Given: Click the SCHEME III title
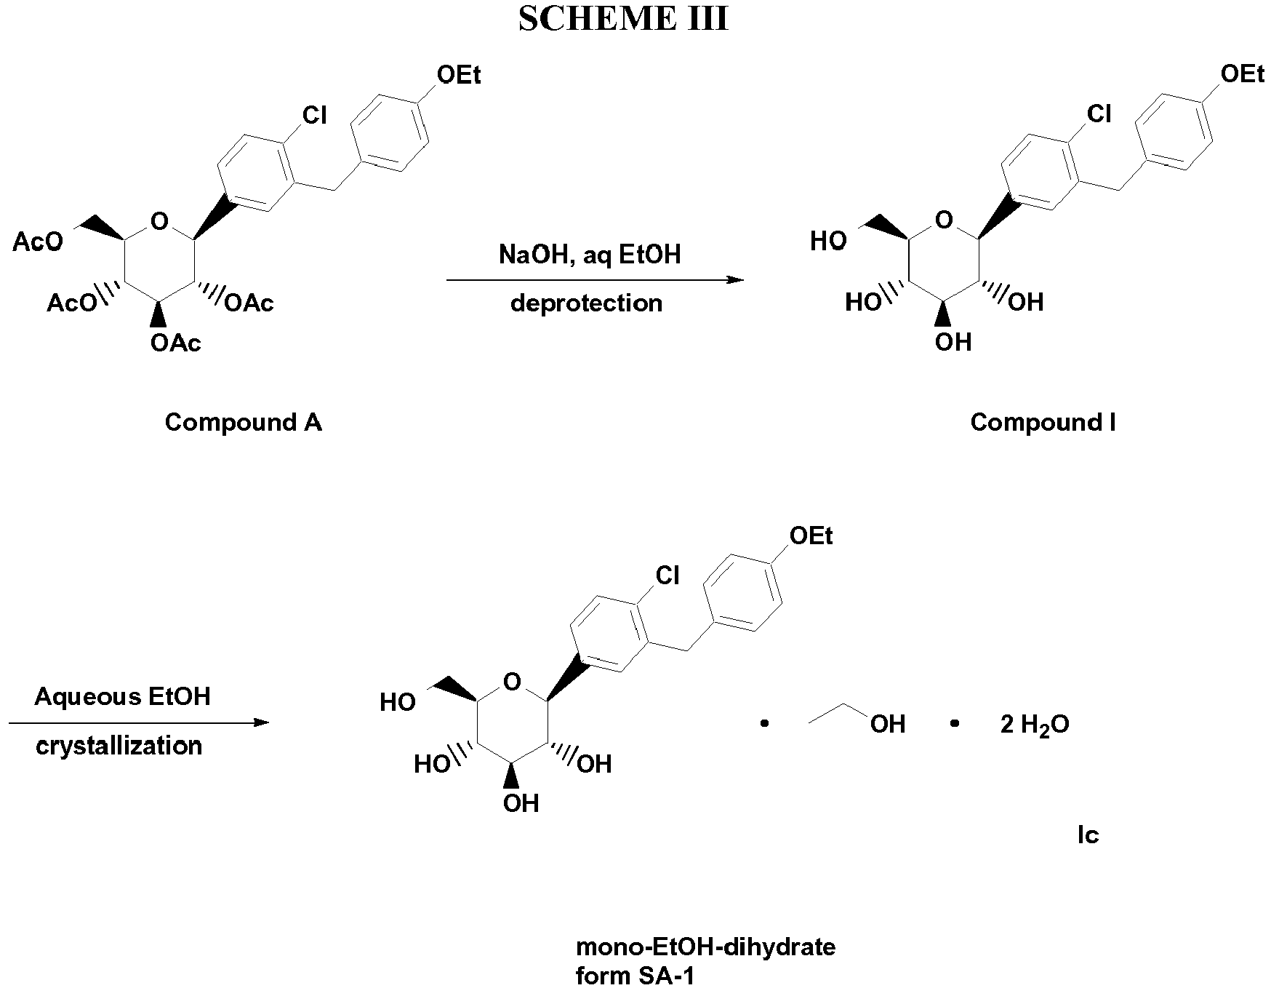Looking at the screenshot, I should [623, 20].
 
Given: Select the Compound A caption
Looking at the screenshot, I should [243, 422].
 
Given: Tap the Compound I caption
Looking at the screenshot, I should [1043, 422].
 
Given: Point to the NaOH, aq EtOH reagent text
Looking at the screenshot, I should [590, 255].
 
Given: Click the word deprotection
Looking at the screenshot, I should [586, 303].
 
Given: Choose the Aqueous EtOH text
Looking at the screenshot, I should [122, 697].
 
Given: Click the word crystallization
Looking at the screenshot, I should [119, 746].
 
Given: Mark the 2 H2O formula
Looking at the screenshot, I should [1034, 725].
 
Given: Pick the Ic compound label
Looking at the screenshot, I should [1088, 835].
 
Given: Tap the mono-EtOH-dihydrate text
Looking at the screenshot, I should [705, 947].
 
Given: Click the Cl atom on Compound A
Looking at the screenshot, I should [315, 115].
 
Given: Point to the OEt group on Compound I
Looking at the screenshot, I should [1242, 74].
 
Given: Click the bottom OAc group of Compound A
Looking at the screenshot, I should [175, 343].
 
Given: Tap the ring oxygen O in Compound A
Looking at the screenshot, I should [160, 219].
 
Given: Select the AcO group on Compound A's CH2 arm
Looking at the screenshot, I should [38, 242].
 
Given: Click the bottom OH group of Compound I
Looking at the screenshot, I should [953, 342].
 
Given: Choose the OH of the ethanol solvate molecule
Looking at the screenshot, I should [887, 724].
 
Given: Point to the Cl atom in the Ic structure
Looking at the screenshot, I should [667, 576].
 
